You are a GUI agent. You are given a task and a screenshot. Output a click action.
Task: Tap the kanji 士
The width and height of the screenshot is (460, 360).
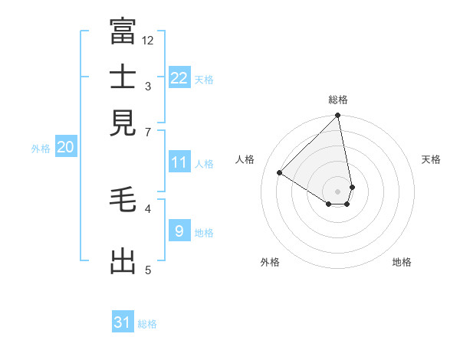(x=123, y=77)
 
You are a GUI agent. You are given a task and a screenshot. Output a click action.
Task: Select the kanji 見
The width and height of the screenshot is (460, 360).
(x=123, y=123)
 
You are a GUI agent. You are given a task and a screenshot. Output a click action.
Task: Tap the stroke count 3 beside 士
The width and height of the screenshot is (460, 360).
(x=148, y=87)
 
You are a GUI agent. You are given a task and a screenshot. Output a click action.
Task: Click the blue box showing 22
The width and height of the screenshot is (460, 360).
(x=179, y=78)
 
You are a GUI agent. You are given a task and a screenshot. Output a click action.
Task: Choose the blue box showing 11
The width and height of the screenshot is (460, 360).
(x=179, y=162)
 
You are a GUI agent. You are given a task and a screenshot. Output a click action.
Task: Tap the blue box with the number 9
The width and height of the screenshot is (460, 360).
(x=179, y=231)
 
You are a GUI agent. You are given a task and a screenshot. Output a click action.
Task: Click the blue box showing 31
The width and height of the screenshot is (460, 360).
(x=123, y=322)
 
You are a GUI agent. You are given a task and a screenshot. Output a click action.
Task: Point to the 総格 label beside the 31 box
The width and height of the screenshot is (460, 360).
(x=147, y=324)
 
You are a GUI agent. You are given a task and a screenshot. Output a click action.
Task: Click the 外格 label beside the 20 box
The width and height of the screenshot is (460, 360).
(x=41, y=149)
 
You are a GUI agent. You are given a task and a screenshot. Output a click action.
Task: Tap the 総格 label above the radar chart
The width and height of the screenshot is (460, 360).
(x=338, y=100)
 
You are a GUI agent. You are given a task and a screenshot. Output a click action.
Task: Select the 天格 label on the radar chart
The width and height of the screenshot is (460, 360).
(x=431, y=159)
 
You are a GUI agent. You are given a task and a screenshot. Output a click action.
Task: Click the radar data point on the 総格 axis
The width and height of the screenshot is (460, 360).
(x=338, y=116)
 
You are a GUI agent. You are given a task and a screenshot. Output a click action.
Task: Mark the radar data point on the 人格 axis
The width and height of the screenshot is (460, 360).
(x=280, y=173)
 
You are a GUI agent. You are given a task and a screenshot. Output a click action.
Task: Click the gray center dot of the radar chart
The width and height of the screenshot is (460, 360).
(x=338, y=191)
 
